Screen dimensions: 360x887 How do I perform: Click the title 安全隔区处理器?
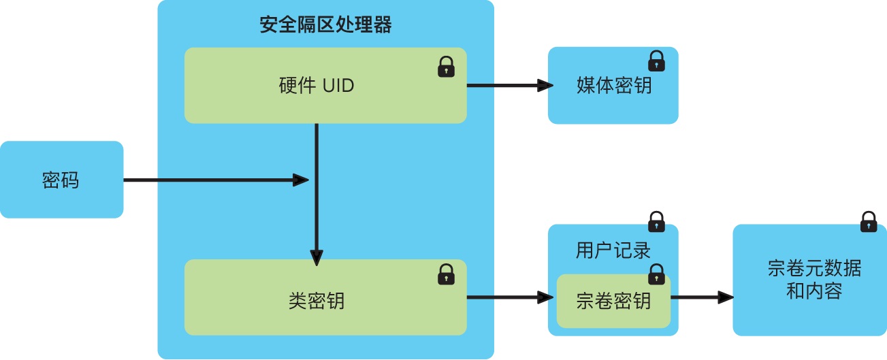(325, 26)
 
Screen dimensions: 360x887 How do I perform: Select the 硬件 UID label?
(317, 86)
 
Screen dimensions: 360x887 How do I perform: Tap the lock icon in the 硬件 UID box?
(446, 67)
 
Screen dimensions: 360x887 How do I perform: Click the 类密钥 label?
(317, 299)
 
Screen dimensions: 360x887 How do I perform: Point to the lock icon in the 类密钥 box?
(446, 274)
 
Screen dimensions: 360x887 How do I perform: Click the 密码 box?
(61, 180)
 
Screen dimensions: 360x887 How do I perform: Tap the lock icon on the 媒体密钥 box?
(656, 61)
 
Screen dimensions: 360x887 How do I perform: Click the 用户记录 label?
(613, 250)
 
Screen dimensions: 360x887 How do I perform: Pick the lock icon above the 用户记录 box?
(656, 222)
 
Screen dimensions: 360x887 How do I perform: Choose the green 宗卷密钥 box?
(613, 300)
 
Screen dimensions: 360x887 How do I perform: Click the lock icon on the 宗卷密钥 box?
(656, 274)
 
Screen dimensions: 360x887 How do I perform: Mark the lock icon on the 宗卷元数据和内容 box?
(868, 222)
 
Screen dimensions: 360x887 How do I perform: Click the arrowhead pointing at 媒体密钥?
(544, 86)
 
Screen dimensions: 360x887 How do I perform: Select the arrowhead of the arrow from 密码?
(301, 180)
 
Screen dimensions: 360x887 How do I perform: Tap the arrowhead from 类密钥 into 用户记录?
(544, 297)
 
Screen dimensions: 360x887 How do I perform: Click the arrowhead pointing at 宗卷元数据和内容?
(726, 297)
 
